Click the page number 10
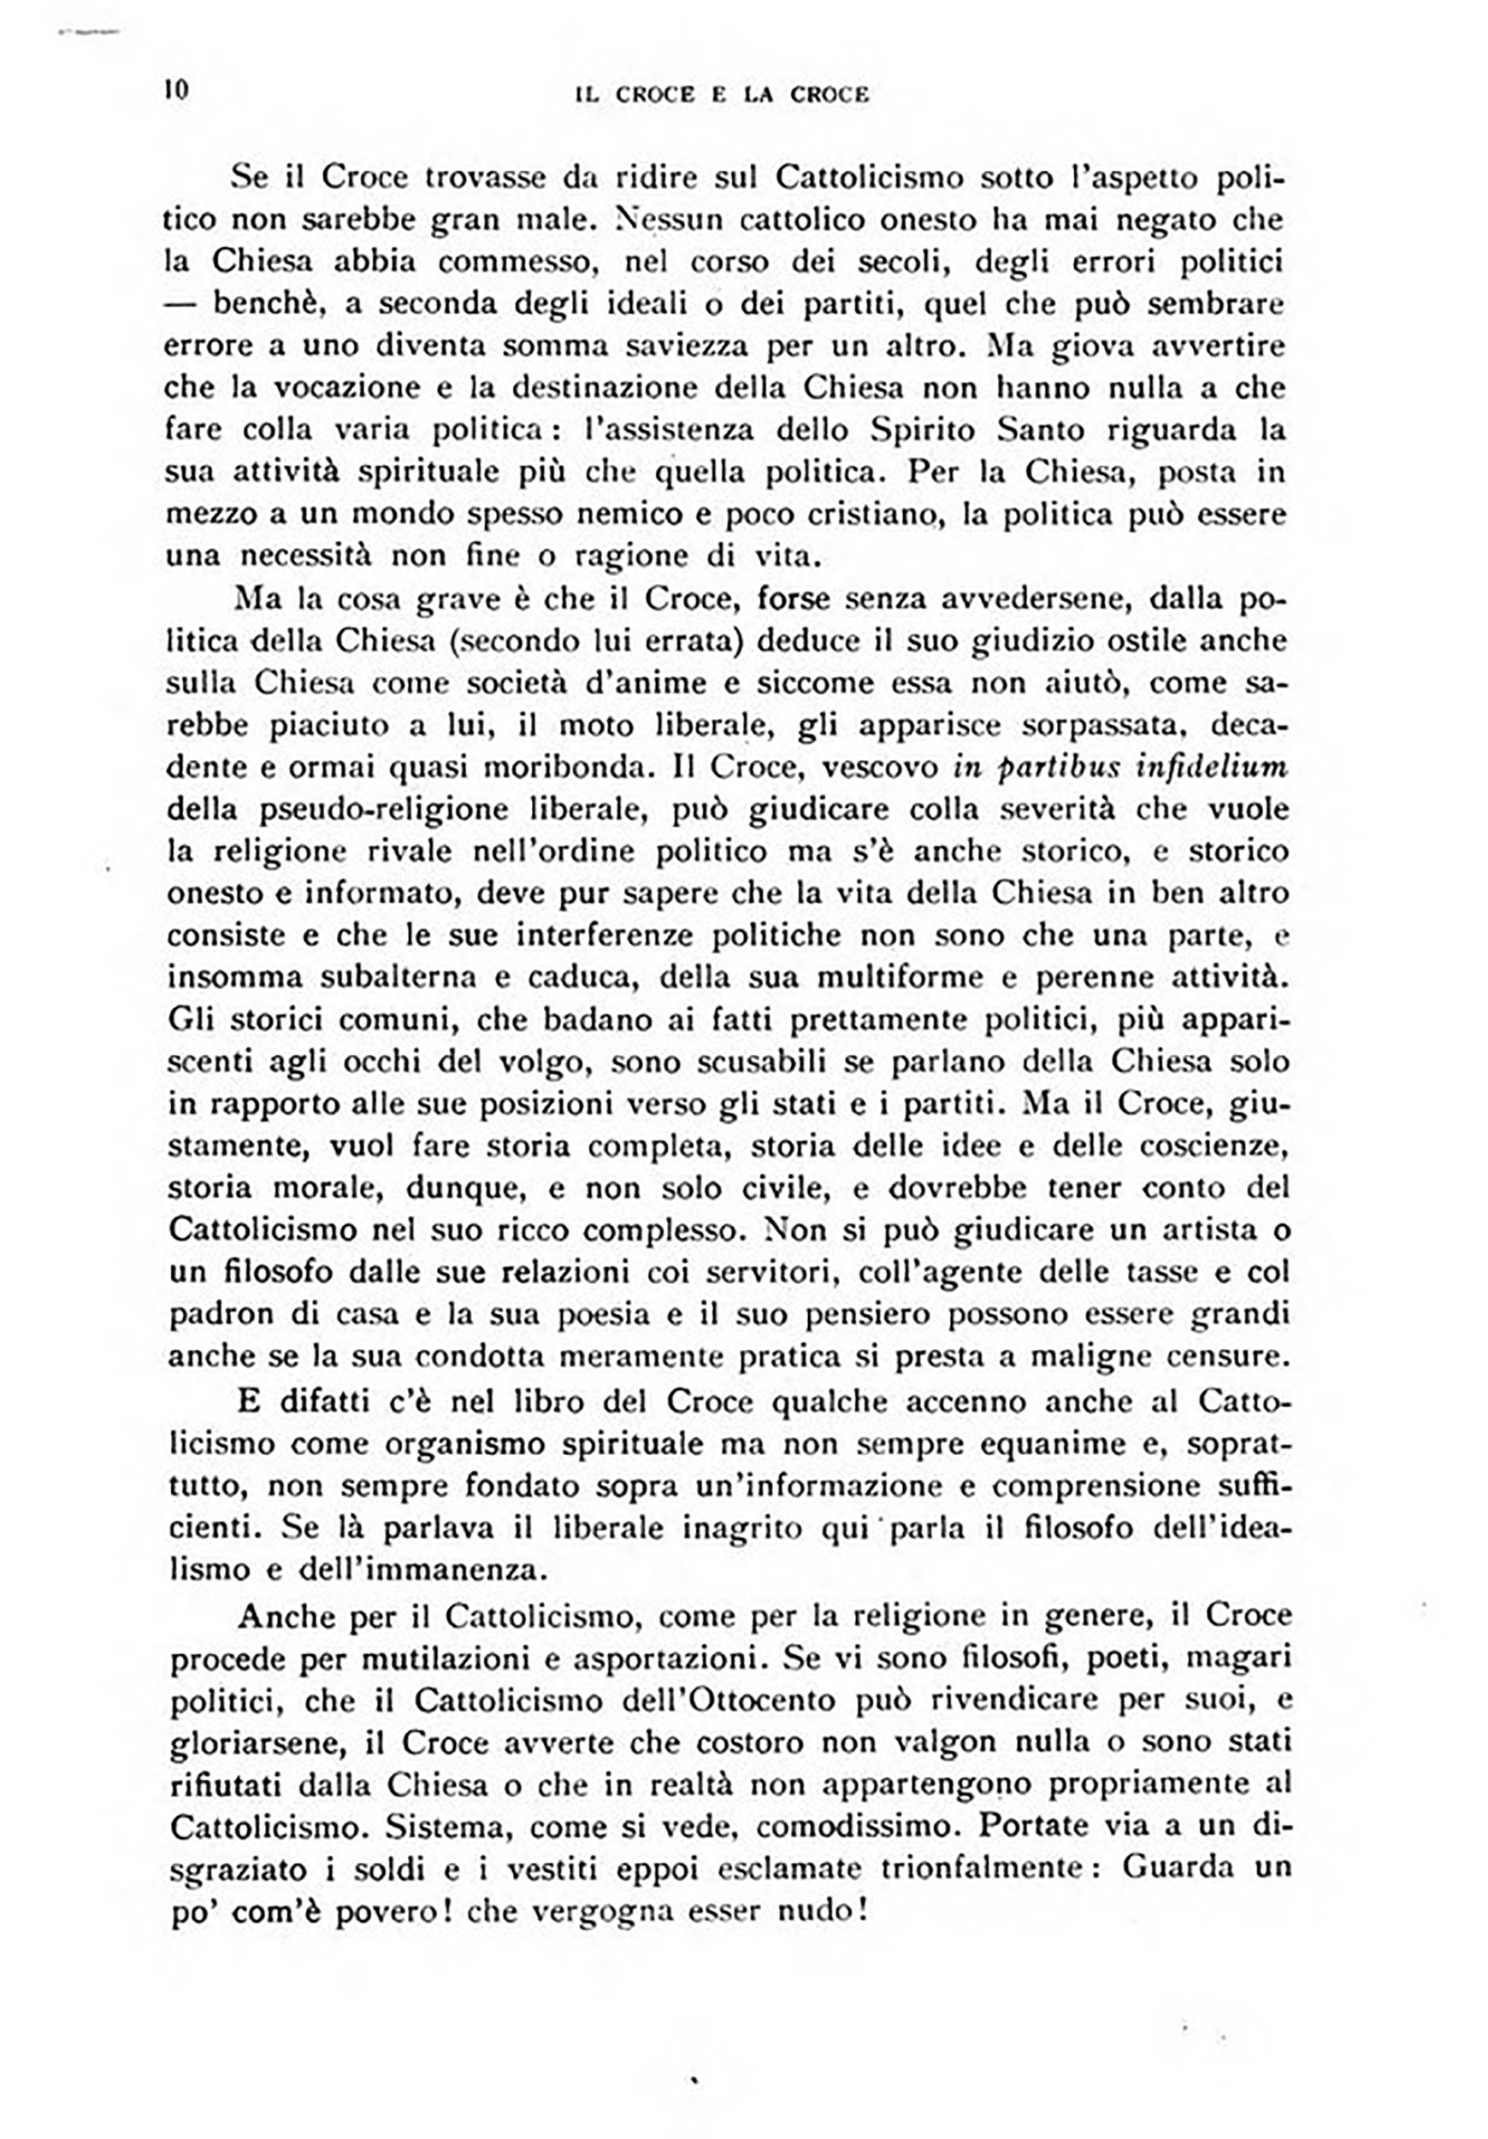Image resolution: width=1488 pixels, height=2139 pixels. [x=175, y=91]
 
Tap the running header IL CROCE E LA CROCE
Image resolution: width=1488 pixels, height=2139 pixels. [x=722, y=94]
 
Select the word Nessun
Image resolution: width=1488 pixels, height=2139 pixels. [x=657, y=220]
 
